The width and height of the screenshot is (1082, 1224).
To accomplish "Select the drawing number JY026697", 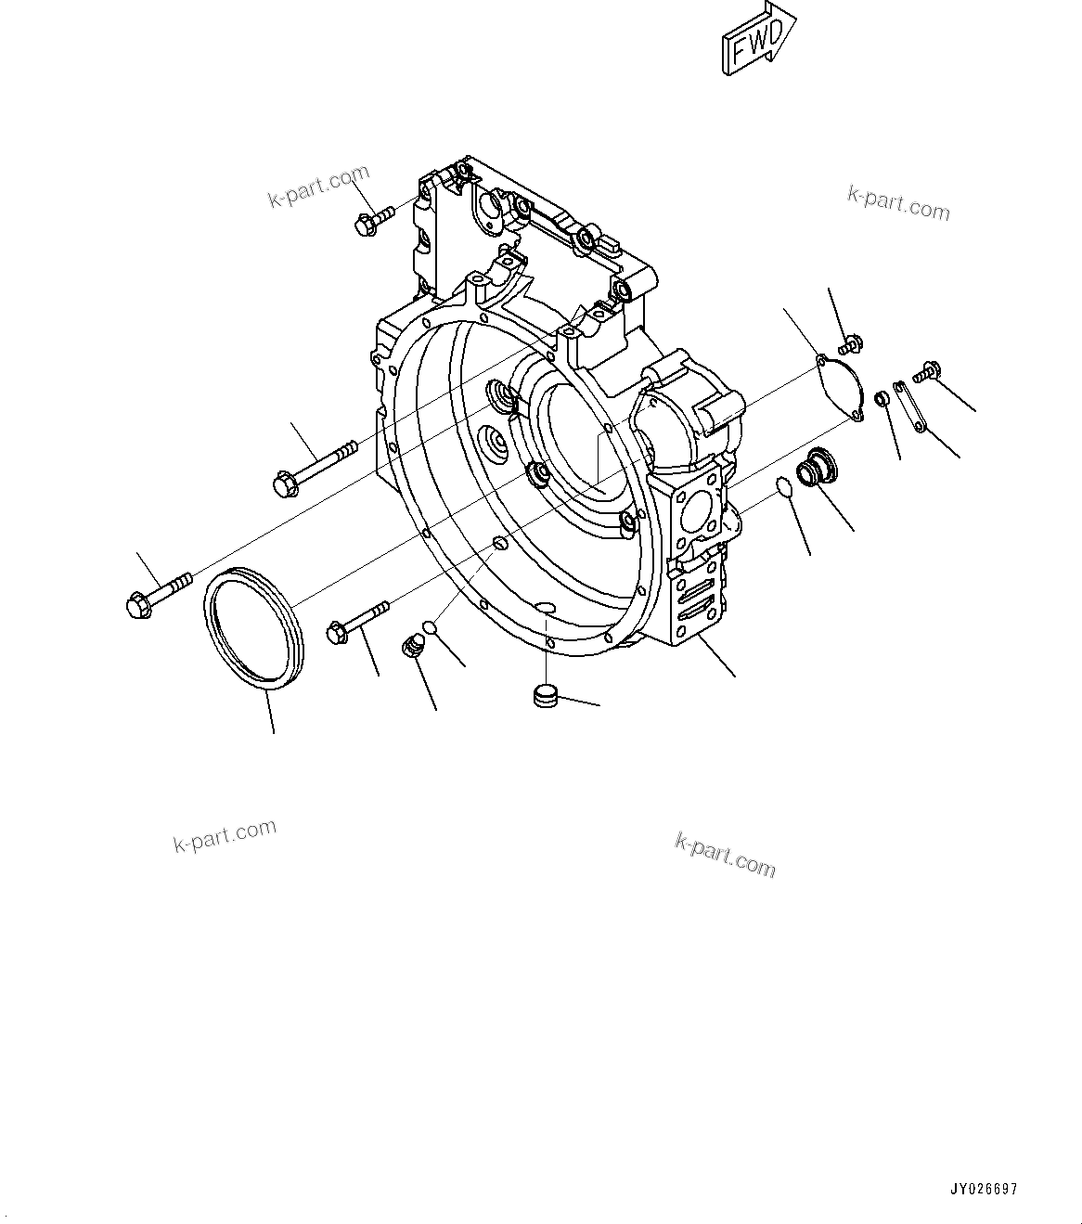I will click(983, 1189).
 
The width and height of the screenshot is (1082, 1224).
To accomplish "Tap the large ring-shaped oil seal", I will click(253, 629).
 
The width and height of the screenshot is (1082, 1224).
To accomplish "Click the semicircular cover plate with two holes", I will click(839, 387).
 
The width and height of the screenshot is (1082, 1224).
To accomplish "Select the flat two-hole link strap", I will click(910, 405).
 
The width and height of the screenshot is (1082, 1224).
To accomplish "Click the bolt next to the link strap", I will click(927, 371).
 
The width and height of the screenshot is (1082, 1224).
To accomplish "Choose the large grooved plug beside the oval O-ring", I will click(818, 467).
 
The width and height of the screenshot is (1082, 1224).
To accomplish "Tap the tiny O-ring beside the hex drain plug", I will click(430, 628).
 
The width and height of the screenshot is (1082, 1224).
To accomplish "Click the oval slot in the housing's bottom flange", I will click(547, 609).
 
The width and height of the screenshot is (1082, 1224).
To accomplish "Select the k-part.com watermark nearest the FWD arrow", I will click(897, 204).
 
